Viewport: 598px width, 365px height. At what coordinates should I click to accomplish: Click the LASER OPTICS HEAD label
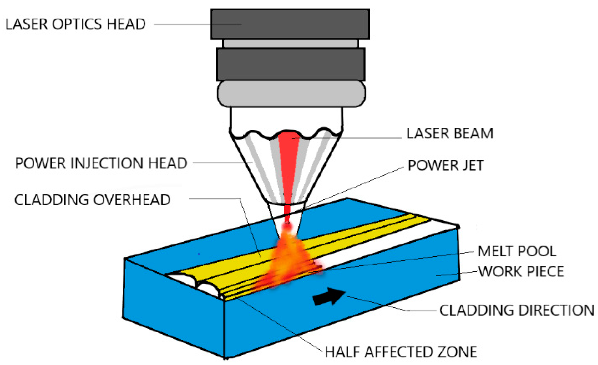pos(75,24)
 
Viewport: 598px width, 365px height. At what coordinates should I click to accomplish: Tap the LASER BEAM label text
pos(450,134)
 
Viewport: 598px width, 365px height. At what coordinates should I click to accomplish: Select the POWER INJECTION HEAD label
pos(101,163)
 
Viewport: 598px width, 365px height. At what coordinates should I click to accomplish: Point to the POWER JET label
pos(446,165)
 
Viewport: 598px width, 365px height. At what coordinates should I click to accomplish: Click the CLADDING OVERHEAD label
pos(92,200)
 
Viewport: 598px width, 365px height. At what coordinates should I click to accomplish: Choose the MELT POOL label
pos(517,251)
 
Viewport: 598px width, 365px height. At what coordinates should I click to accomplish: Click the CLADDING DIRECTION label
pos(517,310)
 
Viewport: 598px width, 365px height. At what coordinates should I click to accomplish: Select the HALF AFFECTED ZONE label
pos(401,352)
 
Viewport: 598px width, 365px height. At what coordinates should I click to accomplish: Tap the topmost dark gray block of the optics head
pos(290,24)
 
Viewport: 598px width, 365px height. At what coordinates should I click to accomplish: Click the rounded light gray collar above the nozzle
pos(291,94)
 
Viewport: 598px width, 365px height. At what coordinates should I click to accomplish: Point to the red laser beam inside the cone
pos(289,165)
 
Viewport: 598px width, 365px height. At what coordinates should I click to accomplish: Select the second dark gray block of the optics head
pos(291,64)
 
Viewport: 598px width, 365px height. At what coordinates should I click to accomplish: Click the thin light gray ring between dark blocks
pos(291,44)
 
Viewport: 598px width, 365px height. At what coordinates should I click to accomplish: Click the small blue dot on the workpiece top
pos(199,254)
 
